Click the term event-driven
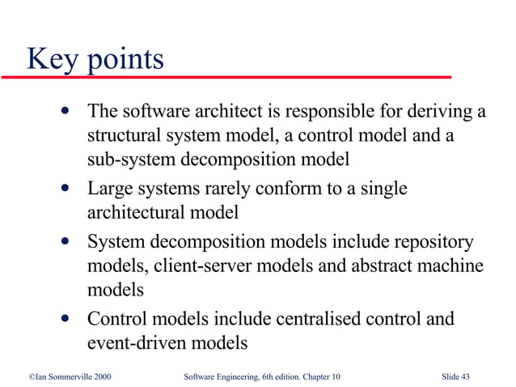(137, 342)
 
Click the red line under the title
(226, 76)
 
